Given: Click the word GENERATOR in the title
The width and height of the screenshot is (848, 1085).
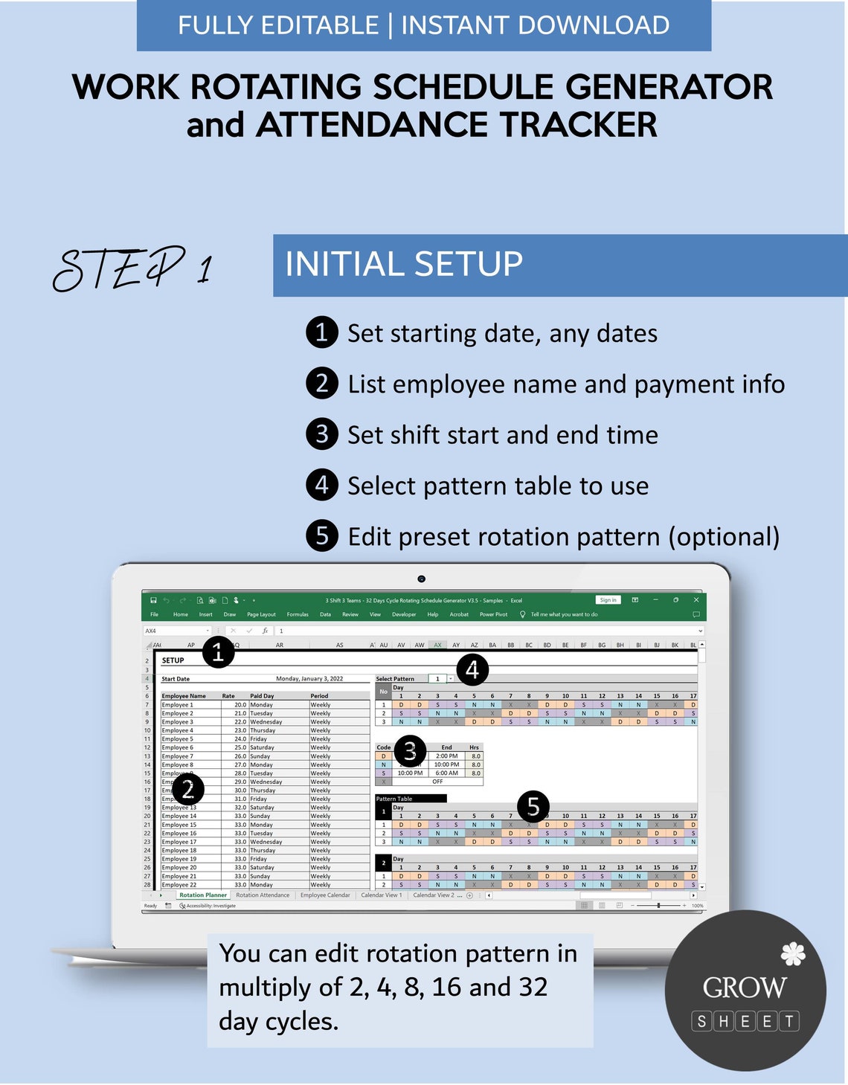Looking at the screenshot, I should click(x=669, y=87).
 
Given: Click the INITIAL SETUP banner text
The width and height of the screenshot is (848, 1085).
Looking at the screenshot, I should click(x=404, y=265).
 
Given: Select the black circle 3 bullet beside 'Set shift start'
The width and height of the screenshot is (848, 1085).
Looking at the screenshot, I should click(x=321, y=434).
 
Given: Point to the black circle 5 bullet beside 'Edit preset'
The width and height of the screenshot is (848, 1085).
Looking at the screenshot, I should click(x=321, y=536).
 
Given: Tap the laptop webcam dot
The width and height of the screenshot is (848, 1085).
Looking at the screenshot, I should click(x=421, y=579).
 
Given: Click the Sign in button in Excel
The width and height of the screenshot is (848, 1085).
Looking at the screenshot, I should click(x=608, y=600).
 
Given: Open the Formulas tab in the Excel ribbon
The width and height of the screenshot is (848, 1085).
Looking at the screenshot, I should click(x=298, y=614).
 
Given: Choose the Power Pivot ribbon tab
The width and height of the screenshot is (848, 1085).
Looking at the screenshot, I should click(x=493, y=614).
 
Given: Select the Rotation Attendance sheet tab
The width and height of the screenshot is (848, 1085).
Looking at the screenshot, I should click(x=263, y=895).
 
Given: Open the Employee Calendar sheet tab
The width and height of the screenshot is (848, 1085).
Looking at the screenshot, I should click(x=325, y=895).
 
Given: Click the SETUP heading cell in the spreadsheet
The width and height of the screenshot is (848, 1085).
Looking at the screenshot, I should click(x=173, y=660).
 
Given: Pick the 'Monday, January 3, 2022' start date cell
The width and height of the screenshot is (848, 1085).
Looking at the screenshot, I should click(x=309, y=679).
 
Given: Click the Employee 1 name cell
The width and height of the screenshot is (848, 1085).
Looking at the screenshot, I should click(x=178, y=705).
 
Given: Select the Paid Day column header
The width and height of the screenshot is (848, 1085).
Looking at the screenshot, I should click(x=262, y=696).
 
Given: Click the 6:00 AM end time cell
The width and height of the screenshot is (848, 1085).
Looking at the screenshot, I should click(x=446, y=773).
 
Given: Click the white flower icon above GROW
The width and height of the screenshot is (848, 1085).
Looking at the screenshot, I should click(x=793, y=953).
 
